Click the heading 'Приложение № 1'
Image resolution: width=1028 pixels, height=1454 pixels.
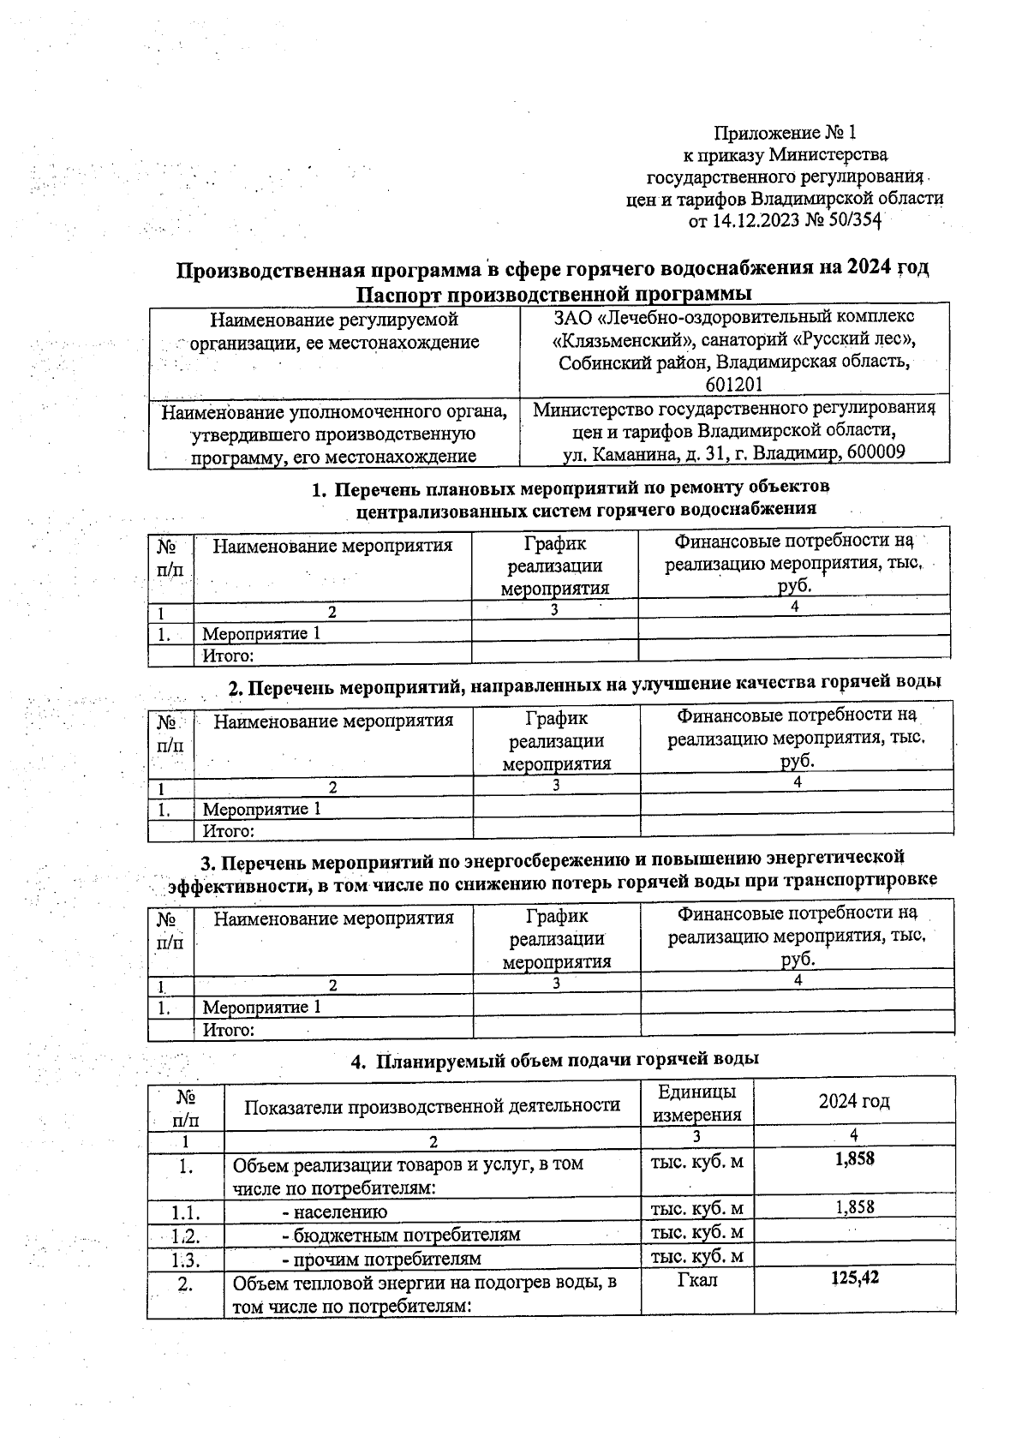786,133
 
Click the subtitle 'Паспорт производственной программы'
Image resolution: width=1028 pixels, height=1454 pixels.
553,294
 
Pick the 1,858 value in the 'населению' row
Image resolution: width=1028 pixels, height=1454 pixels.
855,1207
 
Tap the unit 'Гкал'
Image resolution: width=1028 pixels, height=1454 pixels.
697,1280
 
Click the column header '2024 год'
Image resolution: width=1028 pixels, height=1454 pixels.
854,1101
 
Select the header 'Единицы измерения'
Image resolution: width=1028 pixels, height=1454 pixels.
696,1103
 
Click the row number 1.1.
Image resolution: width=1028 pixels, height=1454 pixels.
185,1212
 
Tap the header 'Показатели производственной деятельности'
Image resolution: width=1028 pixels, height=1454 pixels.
432,1105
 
